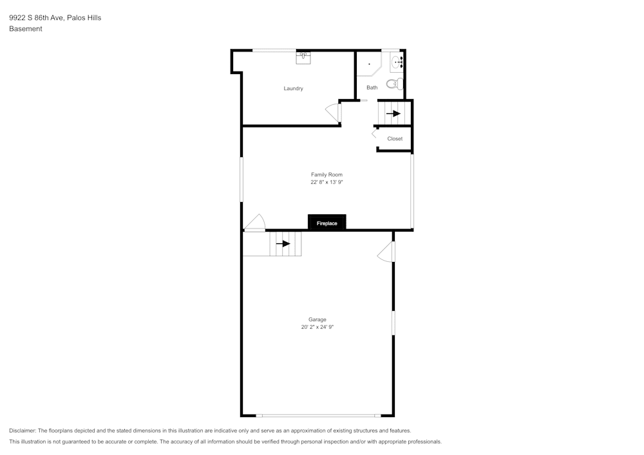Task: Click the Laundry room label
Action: click(x=293, y=88)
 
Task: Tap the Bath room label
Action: click(x=372, y=88)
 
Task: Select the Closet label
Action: click(x=395, y=139)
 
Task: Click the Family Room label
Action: click(x=327, y=174)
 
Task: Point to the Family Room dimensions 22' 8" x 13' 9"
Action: click(x=327, y=182)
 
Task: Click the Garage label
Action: click(x=317, y=319)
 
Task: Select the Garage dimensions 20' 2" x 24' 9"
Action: click(x=317, y=327)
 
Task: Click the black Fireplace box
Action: click(x=327, y=223)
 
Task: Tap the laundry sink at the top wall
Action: click(x=304, y=57)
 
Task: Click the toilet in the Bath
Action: click(x=395, y=84)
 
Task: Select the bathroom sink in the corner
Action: click(x=397, y=62)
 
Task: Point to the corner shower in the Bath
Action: click(x=368, y=64)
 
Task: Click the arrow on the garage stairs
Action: click(x=283, y=244)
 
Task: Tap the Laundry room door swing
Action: click(x=332, y=112)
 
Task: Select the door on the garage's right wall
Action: click(x=386, y=252)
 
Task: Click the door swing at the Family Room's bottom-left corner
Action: click(x=255, y=222)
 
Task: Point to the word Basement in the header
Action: click(x=26, y=29)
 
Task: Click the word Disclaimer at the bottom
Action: click(x=23, y=431)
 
